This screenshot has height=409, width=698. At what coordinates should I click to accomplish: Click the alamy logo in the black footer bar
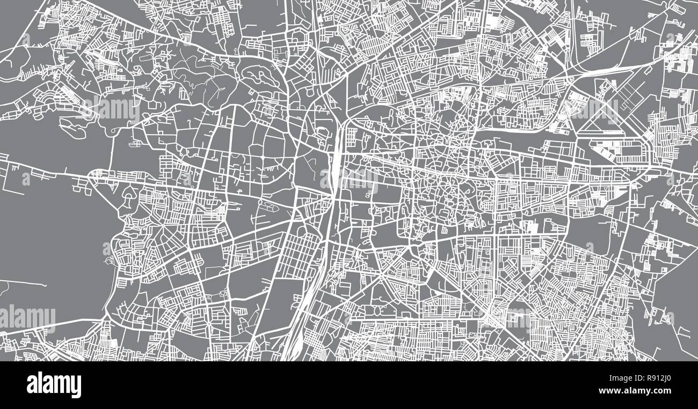point(54,385)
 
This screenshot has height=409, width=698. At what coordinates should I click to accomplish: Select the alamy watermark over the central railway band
point(349,179)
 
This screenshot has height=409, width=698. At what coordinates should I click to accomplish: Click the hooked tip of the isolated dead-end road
point(45,285)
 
